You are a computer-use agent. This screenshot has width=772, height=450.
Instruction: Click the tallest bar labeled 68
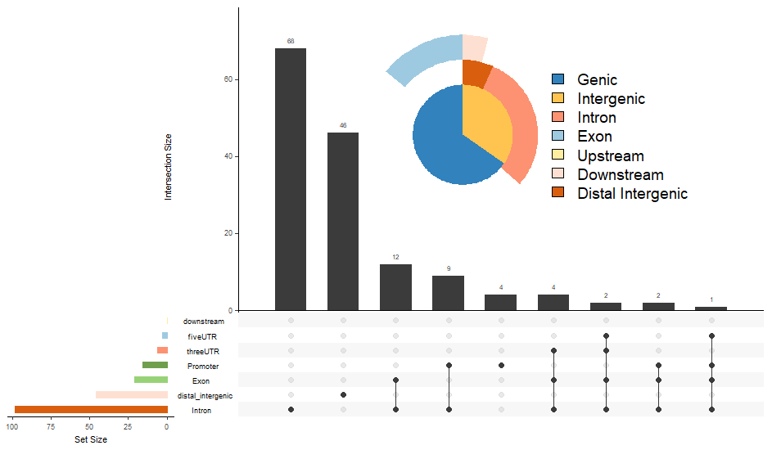coord(290,179)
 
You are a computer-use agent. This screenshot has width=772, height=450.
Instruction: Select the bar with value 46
coord(343,221)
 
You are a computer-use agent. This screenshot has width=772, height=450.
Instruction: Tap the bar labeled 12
coord(395,287)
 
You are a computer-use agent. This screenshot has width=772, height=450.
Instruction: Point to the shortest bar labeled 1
coord(711,308)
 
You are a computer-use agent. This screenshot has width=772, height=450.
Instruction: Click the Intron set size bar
coord(91,410)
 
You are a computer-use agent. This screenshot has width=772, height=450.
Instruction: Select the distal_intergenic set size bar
coord(131,395)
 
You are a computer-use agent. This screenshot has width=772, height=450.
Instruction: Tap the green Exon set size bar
coord(151,380)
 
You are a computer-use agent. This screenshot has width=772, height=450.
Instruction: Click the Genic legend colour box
coord(558,79)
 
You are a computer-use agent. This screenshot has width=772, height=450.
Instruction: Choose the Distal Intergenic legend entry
coord(632,194)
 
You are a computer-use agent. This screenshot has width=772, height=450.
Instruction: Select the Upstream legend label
coord(610,156)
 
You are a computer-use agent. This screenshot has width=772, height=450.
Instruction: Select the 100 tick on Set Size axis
coord(13,426)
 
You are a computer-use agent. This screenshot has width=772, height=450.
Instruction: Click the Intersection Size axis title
coord(169,167)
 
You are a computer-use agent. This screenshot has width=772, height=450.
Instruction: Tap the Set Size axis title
coord(90,439)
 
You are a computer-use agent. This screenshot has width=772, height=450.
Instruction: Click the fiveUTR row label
coord(202,336)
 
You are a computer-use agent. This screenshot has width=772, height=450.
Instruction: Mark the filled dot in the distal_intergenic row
coord(343,395)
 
